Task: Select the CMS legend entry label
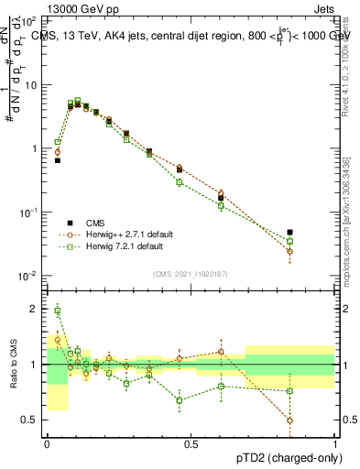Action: pos(96,223)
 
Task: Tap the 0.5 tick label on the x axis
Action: pos(191,442)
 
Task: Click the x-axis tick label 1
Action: pos(335,442)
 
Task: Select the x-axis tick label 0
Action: pos(47,442)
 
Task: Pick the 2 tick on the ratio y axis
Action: pos(34,309)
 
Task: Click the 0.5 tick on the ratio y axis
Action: pos(30,420)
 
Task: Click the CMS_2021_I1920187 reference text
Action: pos(191,272)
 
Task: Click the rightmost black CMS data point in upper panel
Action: pos(316,233)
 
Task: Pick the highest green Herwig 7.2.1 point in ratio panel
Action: pos(57,311)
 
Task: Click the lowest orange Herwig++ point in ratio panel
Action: pos(316,420)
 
